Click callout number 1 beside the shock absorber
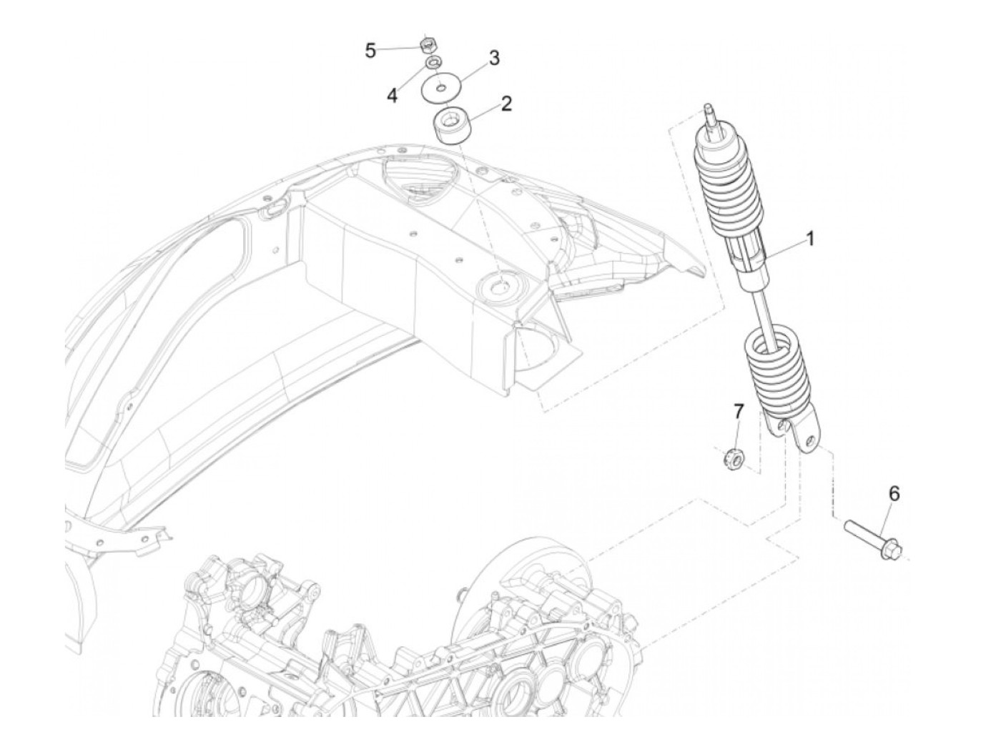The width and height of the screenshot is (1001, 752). click(x=810, y=239)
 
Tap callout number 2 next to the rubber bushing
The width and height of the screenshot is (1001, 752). click(x=506, y=104)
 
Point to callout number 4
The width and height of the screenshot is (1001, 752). click(x=393, y=95)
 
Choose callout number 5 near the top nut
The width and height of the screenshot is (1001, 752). click(x=370, y=51)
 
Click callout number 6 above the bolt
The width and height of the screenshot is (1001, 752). click(x=894, y=493)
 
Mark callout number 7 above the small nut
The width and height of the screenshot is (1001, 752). click(x=739, y=411)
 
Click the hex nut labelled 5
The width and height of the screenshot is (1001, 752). click(x=428, y=46)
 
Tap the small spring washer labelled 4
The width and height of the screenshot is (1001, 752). click(x=433, y=64)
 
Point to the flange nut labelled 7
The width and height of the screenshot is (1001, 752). click(x=731, y=455)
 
